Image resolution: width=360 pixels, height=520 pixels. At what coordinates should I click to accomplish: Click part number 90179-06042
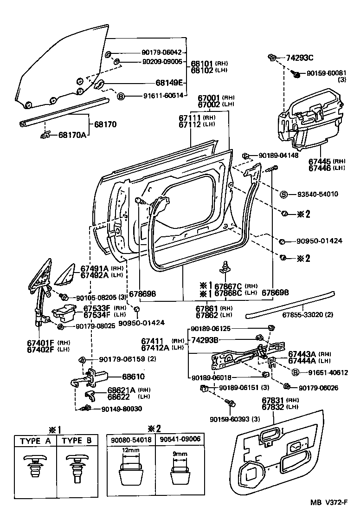pyautogui.click(x=161, y=52)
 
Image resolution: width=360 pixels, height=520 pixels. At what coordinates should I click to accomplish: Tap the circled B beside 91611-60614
pyautogui.click(x=121, y=96)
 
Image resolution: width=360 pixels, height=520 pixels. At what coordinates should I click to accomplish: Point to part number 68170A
pyautogui.click(x=72, y=135)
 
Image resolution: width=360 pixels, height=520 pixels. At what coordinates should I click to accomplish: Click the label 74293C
pyautogui.click(x=300, y=58)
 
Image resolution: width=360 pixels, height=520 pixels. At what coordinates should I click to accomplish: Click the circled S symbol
pyautogui.click(x=284, y=194)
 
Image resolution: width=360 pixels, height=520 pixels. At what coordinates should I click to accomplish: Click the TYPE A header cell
pyautogui.click(x=35, y=441)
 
